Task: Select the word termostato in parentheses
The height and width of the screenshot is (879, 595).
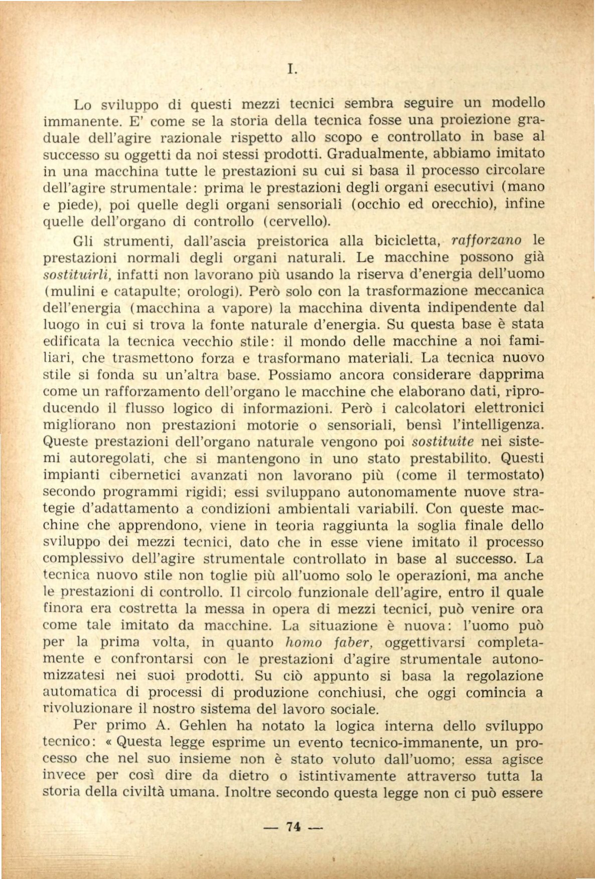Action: [505, 475]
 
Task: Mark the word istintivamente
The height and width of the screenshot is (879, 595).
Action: [346, 776]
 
